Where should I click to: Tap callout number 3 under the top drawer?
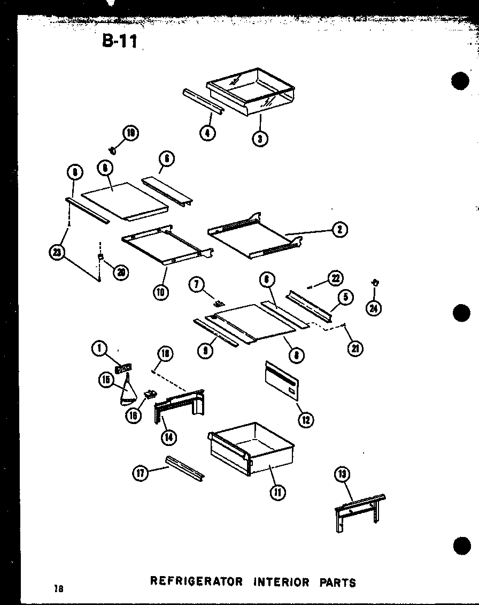tap(260, 138)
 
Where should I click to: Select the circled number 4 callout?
tap(208, 132)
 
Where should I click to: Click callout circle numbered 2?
tap(339, 230)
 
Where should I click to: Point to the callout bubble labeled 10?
tap(160, 292)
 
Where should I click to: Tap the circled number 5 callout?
tap(345, 297)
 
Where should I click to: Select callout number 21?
tap(355, 348)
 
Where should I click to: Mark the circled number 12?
tap(306, 419)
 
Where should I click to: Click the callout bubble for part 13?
tap(342, 473)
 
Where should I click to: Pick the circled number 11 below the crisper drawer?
tap(277, 491)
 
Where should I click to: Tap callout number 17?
tap(141, 473)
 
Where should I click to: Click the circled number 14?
tap(168, 436)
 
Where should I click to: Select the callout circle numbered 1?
tap(98, 349)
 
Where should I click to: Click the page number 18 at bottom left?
tap(58, 589)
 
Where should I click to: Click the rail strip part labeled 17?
tap(184, 467)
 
